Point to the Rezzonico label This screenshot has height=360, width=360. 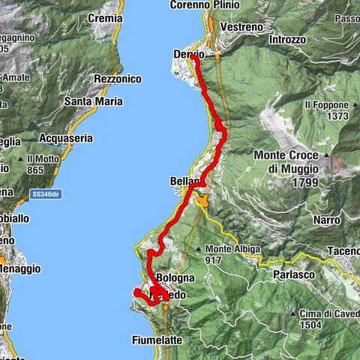coord(118,79)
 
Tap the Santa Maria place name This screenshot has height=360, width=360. coord(94,101)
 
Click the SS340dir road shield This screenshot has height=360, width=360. coord(47,195)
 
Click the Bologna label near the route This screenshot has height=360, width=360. coord(176,277)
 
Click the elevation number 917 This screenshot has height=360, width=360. coord(216,260)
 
